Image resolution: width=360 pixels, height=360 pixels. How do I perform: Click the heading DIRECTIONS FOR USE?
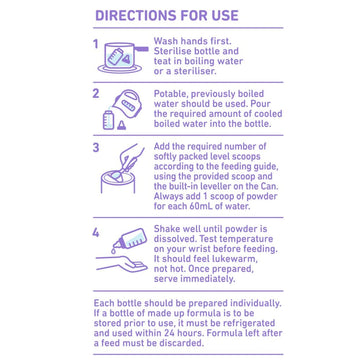(167, 16)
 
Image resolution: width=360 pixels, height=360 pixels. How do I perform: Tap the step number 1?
(96, 44)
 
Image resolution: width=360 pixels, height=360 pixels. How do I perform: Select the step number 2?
(96, 94)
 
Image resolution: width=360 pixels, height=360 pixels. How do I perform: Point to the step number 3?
(96, 147)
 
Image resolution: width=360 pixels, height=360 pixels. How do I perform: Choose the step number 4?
(96, 233)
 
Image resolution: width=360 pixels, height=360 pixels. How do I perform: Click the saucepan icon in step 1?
(123, 57)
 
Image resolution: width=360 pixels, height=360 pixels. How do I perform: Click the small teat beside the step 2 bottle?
(122, 125)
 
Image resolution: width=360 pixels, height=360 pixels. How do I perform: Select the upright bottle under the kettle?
(108, 119)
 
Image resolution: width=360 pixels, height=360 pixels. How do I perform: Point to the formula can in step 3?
(118, 183)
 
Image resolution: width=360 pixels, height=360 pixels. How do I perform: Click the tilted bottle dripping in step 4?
(130, 239)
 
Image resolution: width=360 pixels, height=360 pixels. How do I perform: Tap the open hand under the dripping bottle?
(122, 264)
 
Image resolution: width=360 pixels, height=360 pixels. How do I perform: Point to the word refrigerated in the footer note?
(247, 323)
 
